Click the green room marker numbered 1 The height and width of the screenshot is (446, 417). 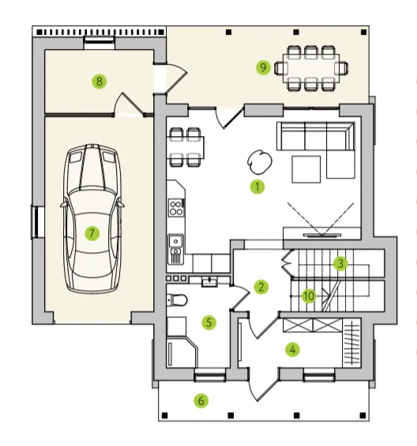257,187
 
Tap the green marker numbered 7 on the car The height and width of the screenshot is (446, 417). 92,233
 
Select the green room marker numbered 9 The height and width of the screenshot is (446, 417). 263,67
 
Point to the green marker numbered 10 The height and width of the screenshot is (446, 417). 309,296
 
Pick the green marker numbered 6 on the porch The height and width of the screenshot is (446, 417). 201,401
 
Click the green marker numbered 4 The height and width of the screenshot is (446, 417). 292,350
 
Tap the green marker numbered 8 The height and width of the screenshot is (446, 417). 100,81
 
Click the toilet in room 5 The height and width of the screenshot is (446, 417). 177,300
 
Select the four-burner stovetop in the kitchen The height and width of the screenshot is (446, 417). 176,208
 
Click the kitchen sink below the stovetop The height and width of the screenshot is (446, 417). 175,249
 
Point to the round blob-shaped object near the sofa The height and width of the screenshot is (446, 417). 260,161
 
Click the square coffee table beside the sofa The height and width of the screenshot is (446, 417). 306,169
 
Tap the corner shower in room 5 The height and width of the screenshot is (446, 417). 182,352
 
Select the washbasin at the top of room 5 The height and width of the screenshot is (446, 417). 209,282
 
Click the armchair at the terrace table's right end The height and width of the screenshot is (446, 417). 341,68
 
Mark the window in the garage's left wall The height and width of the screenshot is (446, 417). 37,222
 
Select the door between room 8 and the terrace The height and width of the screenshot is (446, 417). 171,79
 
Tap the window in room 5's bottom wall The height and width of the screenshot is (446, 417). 210,376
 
